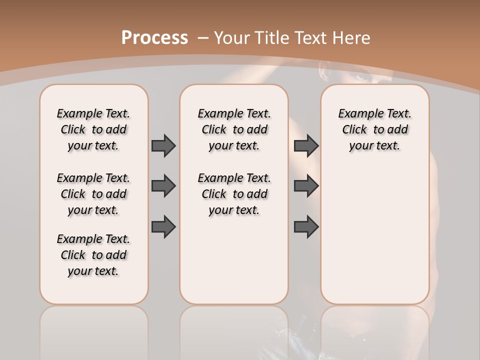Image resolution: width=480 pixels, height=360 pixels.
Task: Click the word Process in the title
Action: [x=154, y=37]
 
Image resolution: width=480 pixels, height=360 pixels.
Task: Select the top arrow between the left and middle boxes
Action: [x=164, y=145]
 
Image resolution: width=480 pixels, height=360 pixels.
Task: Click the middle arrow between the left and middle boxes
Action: [x=164, y=186]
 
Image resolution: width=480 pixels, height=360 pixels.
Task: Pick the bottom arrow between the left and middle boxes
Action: [x=164, y=226]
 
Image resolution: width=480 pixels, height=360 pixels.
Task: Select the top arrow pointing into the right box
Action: [x=306, y=145]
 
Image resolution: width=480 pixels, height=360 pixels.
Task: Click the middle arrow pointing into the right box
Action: [x=306, y=186]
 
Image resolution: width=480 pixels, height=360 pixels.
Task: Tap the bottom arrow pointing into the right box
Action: [x=306, y=226]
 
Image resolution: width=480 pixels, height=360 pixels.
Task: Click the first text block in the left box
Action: [x=93, y=129]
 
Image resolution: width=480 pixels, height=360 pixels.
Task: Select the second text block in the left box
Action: [x=93, y=194]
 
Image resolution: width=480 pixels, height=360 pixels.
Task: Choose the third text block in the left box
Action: [x=93, y=255]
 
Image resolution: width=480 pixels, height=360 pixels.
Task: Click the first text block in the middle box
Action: [x=234, y=129]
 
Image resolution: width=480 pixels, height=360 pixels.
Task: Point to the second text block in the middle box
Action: [x=234, y=194]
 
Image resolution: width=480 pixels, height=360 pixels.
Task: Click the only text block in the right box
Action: [x=374, y=129]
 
